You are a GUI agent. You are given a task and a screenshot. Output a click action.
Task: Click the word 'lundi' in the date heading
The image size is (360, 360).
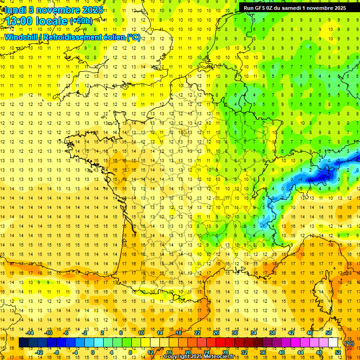click(15, 9)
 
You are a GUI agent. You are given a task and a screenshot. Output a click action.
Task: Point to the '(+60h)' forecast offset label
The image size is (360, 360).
click(81, 21)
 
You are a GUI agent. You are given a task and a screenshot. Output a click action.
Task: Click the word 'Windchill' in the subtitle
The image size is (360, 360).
click(22, 37)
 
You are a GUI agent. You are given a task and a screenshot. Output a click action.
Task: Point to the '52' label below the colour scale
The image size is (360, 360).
click(338, 352)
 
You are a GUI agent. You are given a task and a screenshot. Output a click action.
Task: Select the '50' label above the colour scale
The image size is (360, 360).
click(329, 333)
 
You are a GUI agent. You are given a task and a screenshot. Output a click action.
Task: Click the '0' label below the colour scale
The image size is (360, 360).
click(93, 352)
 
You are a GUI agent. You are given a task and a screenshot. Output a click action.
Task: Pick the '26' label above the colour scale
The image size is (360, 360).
click(216, 333)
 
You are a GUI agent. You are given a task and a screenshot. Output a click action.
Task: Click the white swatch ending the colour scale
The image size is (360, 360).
click(333, 343)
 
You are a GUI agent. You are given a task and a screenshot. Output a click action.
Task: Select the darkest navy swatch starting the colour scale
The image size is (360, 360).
click(23, 343)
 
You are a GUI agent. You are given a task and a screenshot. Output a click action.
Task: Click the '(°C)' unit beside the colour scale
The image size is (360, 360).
click(349, 343)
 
